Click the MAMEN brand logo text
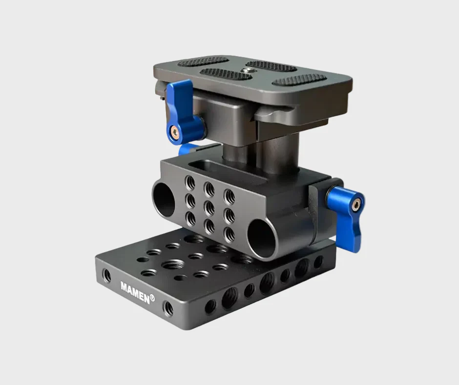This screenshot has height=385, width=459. point(135,292)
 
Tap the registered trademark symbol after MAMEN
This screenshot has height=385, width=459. point(152,298)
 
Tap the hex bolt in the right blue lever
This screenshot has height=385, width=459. point(356,205)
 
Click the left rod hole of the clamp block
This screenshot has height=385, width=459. point(164,199)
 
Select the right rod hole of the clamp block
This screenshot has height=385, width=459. point(262,238)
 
